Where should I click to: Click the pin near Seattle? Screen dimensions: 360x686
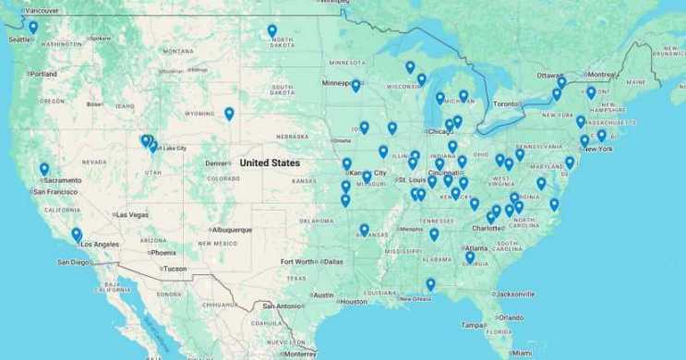point(33,28)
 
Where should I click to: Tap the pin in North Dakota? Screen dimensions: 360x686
point(272,31)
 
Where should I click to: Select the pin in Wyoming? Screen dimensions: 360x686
point(229,114)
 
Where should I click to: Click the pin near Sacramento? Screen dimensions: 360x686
point(44,170)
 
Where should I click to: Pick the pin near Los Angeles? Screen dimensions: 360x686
point(77,234)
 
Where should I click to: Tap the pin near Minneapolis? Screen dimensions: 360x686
point(355,86)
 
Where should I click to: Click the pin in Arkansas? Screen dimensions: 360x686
point(364,230)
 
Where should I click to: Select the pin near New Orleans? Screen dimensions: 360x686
point(430,284)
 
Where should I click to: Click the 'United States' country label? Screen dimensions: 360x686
point(270,163)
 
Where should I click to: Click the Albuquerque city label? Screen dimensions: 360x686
point(231,230)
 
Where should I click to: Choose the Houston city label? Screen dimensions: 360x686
point(353,302)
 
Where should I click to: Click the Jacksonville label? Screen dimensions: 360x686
point(515,294)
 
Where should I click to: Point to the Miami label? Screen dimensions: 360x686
point(522,353)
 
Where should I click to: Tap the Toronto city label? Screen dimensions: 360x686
point(507,104)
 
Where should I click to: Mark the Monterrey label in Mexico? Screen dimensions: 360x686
point(300,354)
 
